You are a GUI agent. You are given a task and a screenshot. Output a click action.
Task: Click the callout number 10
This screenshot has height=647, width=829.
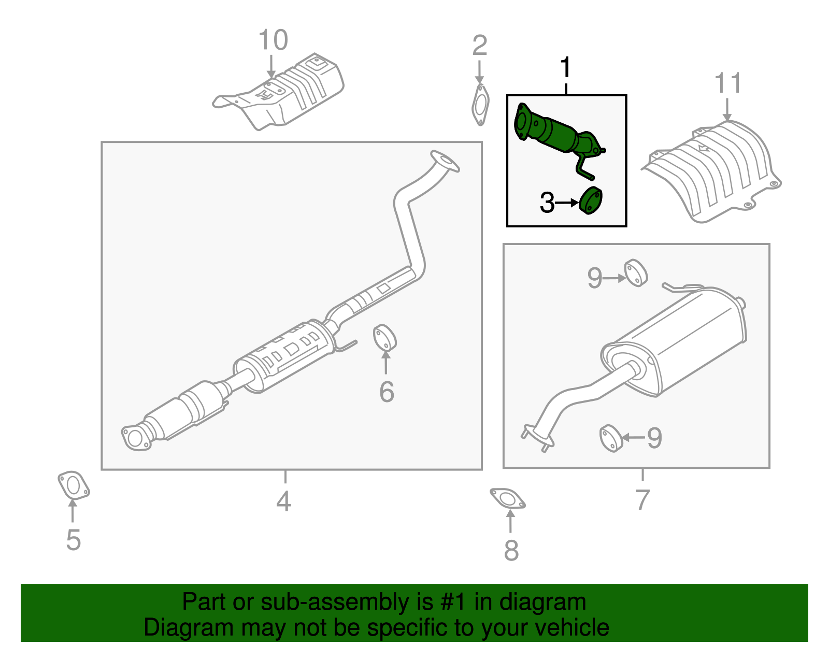coord(273,40)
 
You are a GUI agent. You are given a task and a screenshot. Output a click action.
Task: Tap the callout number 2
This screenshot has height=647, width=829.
coord(479,46)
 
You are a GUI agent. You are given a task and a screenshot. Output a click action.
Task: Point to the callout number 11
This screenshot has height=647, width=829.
coord(728,83)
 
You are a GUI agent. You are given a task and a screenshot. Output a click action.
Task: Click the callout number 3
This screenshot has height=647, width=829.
coord(547,203)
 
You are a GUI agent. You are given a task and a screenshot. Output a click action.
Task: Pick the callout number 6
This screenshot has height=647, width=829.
coord(387,392)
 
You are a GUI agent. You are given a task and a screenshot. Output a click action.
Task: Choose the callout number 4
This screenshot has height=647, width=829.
coord(283,501)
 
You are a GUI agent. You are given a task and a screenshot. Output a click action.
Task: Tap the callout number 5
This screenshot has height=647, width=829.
coord(73,540)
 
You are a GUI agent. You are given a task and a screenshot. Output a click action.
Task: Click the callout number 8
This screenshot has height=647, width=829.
coord(511,551)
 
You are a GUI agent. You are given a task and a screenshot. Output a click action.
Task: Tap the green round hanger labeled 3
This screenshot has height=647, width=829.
coord(591,200)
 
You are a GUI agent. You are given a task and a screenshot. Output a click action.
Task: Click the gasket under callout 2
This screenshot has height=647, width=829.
coord(481,105)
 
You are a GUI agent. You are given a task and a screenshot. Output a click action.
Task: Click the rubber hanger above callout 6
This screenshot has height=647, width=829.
coord(384,338)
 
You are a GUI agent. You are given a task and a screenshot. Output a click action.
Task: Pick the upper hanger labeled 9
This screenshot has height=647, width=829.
coord(636,272)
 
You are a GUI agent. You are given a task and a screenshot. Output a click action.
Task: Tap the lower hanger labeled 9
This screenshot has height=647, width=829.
coord(611,438)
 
